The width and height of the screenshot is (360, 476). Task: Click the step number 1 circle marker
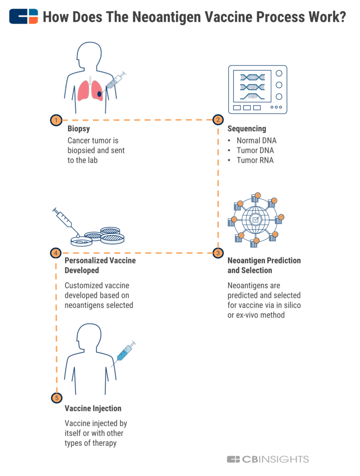[x=56, y=120]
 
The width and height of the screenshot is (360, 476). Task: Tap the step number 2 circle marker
[x=218, y=120]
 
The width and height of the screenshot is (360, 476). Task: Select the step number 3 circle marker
[x=218, y=253]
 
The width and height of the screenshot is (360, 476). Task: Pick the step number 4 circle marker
[x=56, y=253]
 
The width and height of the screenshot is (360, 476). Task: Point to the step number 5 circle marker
[x=56, y=398]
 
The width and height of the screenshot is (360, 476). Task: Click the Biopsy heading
[x=79, y=129]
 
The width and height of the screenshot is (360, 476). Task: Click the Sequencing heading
[x=247, y=129]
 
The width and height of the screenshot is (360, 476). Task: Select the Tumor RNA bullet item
[x=255, y=160]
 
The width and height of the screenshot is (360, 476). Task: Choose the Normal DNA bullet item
[x=256, y=140]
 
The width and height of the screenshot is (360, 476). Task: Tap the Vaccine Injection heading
[x=93, y=408]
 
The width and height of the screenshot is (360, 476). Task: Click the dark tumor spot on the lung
[x=99, y=94]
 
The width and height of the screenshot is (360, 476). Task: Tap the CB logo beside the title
[x=24, y=17]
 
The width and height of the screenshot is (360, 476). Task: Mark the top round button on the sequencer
[x=279, y=73]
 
